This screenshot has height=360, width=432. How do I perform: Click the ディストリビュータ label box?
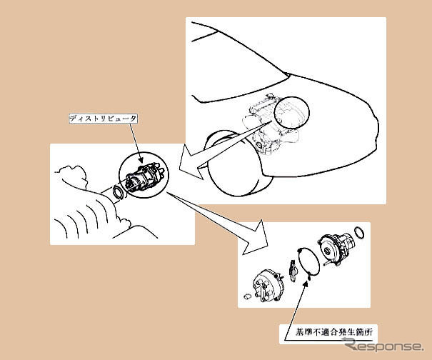click(x=103, y=119)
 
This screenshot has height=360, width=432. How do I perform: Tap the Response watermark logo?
click(x=384, y=346)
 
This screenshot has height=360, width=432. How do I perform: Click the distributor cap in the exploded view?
click(x=266, y=286)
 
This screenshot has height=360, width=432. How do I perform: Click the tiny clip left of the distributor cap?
click(x=247, y=296)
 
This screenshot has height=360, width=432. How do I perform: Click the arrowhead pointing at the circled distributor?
click(x=141, y=159)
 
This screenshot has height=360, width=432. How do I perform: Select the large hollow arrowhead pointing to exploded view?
click(x=255, y=238)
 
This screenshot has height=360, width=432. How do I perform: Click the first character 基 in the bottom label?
click(x=299, y=331)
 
